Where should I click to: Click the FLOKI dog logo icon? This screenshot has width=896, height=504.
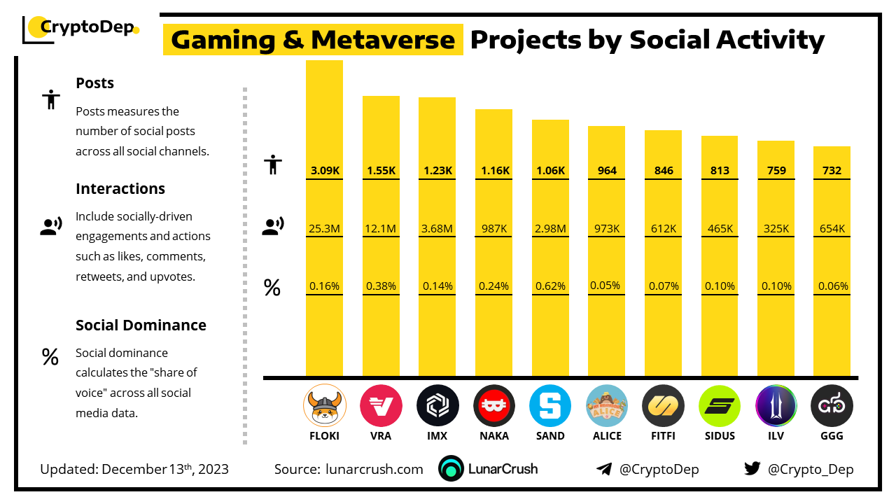click(x=324, y=406)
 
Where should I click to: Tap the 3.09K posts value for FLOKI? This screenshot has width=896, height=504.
click(x=324, y=170)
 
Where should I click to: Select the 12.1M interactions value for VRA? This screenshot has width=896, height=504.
click(x=381, y=228)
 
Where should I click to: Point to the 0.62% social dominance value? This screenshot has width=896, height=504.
click(x=550, y=286)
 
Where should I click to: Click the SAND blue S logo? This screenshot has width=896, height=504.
click(x=550, y=406)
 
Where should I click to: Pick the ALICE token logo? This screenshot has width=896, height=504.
click(x=607, y=406)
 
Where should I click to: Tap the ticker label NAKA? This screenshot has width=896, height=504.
click(x=493, y=435)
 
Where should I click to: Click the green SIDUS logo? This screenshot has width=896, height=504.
click(x=720, y=406)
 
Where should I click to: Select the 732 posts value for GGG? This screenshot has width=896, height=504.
click(x=832, y=170)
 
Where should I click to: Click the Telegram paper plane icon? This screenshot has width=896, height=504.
click(x=604, y=469)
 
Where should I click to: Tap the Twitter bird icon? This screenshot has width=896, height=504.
click(x=752, y=469)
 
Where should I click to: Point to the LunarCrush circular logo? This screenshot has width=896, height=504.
click(x=451, y=469)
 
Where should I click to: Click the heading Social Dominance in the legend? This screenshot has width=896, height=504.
click(x=141, y=325)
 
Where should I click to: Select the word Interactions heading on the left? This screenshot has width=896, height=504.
click(x=120, y=188)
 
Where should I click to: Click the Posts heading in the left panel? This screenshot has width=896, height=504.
click(x=94, y=83)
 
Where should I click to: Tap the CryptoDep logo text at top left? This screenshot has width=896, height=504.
click(x=87, y=28)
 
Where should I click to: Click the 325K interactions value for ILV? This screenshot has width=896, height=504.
click(x=776, y=228)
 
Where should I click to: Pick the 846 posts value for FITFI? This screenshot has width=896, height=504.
click(x=663, y=170)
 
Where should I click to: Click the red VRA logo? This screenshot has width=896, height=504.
click(x=381, y=406)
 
